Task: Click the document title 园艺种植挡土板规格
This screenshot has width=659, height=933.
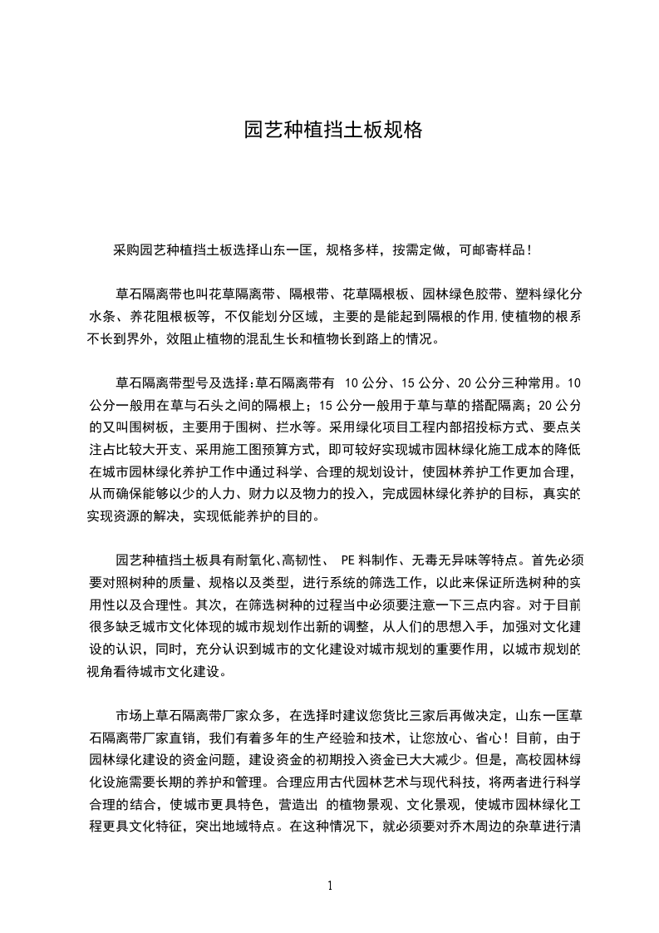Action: tap(333, 131)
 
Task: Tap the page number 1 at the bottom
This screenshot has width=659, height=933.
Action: tap(330, 886)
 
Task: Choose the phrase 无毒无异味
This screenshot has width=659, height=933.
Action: tap(444, 560)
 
